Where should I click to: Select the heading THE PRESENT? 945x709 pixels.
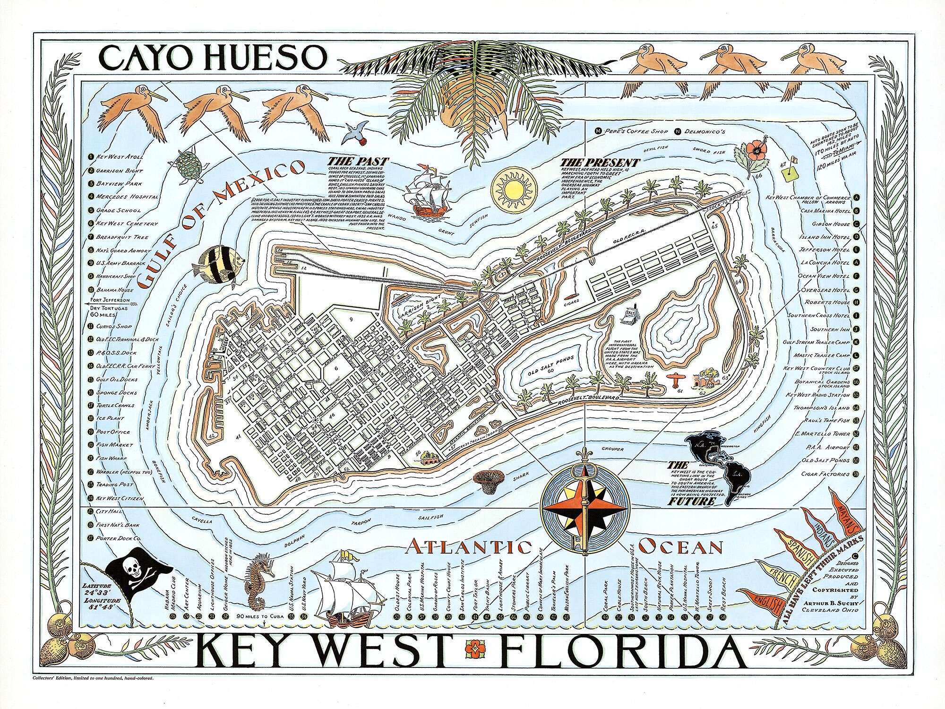click(600, 163)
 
